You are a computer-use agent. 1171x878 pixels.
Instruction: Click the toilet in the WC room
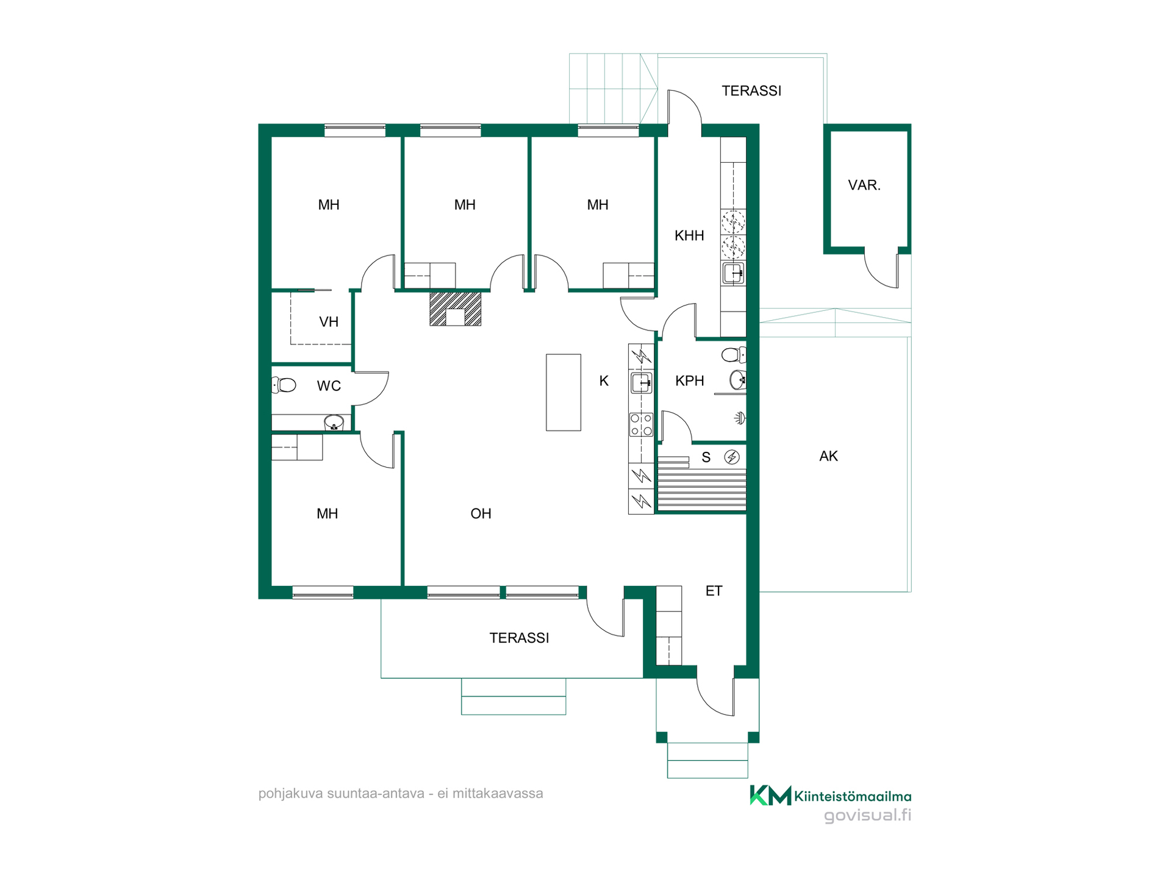point(284,385)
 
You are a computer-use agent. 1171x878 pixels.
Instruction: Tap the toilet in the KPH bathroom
point(734,354)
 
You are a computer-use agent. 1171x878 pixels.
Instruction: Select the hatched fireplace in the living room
point(455,309)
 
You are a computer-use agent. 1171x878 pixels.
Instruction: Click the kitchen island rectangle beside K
point(563,392)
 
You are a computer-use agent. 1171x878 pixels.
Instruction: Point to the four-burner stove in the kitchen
point(641,424)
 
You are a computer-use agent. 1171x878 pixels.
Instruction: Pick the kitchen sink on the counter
point(641,383)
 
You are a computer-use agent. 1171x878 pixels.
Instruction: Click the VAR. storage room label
point(864,185)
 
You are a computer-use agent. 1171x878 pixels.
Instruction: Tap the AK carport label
point(828,456)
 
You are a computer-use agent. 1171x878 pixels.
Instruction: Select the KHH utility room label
point(689,235)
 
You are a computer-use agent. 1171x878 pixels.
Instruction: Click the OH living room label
point(481,513)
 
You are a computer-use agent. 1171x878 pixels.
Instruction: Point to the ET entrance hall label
point(714,591)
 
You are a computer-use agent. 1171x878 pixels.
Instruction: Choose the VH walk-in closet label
point(329,322)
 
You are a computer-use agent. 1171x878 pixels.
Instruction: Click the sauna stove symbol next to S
point(732,457)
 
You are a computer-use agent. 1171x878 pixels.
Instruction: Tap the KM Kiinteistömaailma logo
point(830,796)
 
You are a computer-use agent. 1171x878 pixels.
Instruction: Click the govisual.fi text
point(867,815)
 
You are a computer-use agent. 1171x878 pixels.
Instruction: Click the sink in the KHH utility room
point(733,273)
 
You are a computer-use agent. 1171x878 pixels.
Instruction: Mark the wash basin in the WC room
point(334,422)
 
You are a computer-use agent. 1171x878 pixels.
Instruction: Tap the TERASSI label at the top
point(751,91)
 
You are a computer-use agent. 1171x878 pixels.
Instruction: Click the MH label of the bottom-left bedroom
point(327,513)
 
